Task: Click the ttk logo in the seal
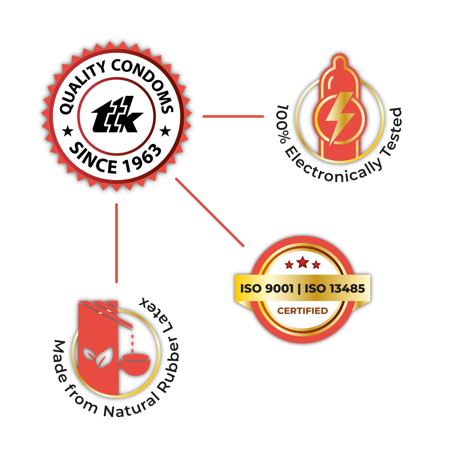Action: click(117, 115)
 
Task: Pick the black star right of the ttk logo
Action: click(165, 131)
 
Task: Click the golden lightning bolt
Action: click(340, 117)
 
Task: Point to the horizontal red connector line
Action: click(233, 116)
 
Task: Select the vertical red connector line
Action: click(117, 243)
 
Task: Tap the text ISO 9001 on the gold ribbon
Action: click(267, 289)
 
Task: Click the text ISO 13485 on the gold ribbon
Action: click(334, 289)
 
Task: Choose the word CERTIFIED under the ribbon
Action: click(302, 311)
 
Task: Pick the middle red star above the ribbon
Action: click(303, 262)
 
